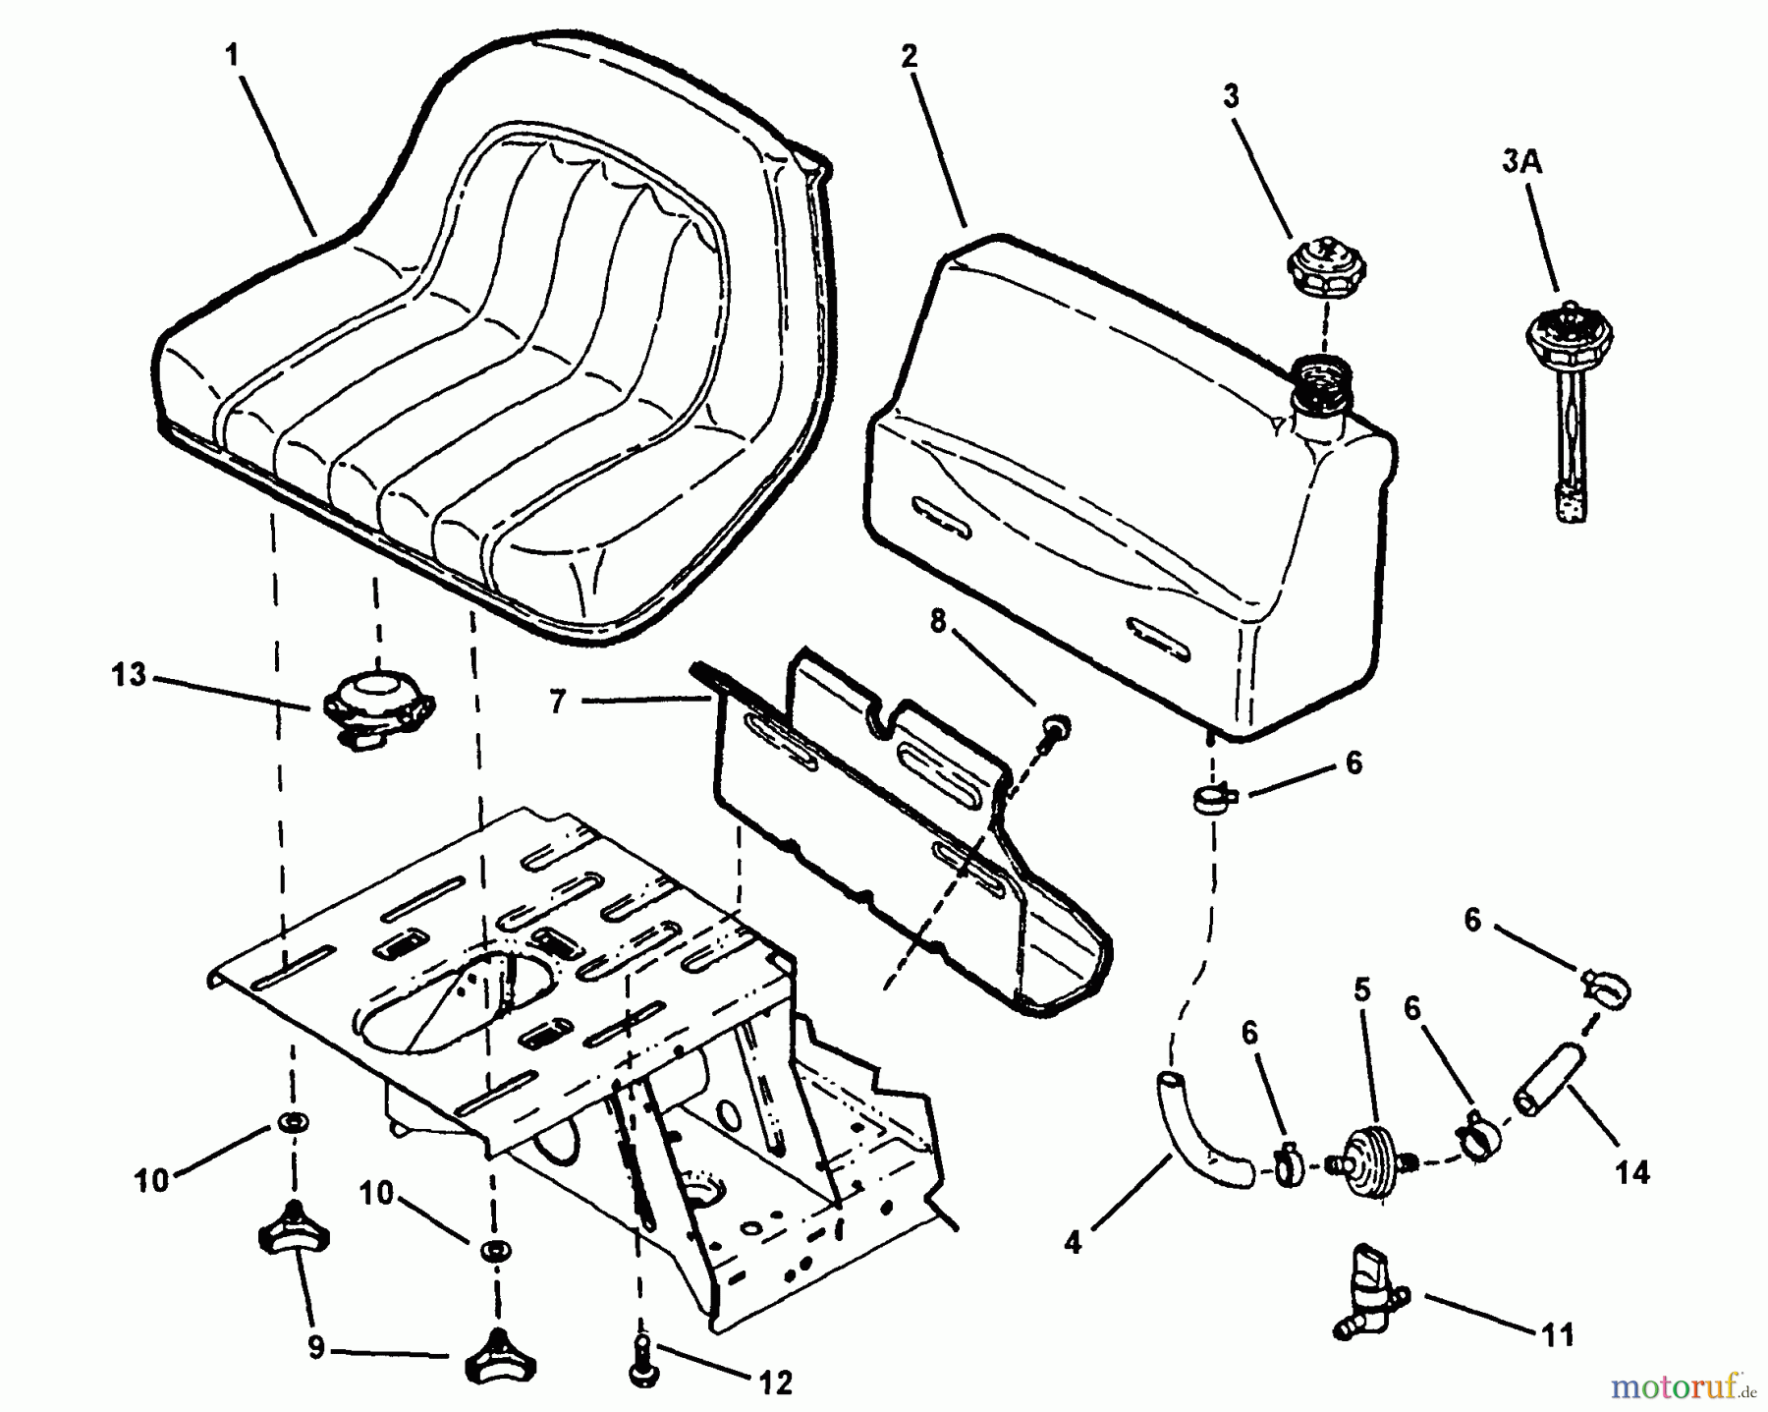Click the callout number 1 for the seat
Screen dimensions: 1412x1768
point(232,55)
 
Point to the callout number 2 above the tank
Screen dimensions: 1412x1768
point(909,57)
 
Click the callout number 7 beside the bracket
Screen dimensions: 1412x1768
point(558,702)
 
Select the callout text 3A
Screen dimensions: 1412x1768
point(1521,163)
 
